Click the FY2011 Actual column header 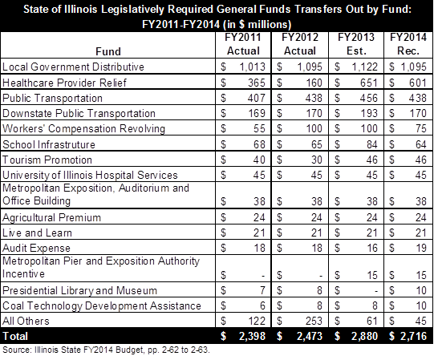243,44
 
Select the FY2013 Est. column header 356,44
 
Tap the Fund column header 108,51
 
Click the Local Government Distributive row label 73,67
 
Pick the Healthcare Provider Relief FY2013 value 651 369,83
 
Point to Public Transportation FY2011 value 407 257,98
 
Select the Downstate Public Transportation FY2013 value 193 369,113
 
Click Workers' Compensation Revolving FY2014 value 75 420,128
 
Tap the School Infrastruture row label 49,144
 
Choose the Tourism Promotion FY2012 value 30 316,160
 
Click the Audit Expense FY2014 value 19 420,248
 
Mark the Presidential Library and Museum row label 79,290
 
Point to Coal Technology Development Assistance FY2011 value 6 262,305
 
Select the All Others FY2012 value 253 314,321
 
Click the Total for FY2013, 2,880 364,336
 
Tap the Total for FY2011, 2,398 252,336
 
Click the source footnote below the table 106,350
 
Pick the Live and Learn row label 37,233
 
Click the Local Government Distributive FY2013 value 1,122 364,67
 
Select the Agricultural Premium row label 51,217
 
